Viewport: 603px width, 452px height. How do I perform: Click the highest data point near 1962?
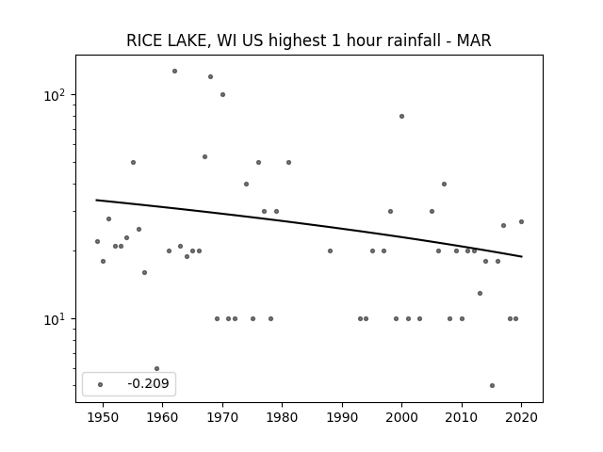coord(174,72)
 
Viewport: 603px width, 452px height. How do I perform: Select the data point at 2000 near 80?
coord(402,117)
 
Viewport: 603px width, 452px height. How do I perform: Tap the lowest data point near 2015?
coord(492,385)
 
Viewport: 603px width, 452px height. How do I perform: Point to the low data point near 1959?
coord(157,368)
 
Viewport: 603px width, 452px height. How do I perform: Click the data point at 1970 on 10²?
coord(222,94)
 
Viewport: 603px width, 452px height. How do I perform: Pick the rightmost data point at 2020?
coord(521,222)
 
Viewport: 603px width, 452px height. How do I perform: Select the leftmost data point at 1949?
coord(97,241)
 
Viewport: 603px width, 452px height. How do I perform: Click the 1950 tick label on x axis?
coord(103,417)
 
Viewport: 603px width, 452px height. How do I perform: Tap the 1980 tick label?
coord(282,417)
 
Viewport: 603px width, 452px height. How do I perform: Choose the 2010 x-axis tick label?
coord(462,417)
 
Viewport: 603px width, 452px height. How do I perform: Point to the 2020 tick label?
coord(521,417)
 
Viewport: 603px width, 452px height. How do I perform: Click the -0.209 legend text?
coord(149,383)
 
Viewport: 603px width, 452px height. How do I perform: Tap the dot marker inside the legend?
coord(100,384)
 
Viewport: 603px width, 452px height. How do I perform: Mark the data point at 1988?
coord(330,251)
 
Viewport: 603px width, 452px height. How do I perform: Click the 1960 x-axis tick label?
coord(162,417)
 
